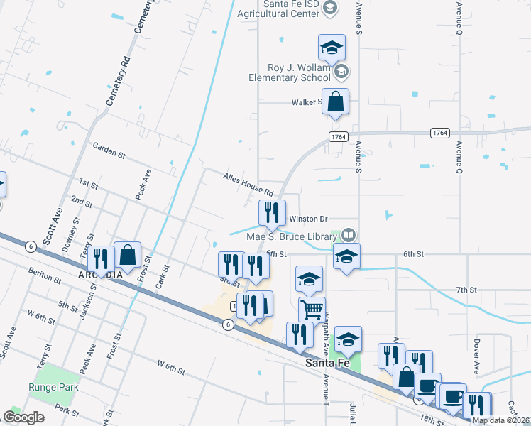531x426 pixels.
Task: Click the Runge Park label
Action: pos(48,387)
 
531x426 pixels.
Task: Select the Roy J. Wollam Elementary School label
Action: pos(289,72)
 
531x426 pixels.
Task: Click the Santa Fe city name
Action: pos(327,362)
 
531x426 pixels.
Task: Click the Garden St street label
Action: pos(109,150)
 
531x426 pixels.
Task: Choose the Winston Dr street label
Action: pos(307,219)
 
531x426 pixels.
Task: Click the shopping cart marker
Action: pos(312,310)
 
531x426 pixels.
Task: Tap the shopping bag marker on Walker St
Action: pos(335,102)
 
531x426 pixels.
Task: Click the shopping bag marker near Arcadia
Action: pos(127,254)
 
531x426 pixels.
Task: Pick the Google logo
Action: pos(23,417)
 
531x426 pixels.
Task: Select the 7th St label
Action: pos(466,290)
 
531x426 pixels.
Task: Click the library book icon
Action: pos(348,234)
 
